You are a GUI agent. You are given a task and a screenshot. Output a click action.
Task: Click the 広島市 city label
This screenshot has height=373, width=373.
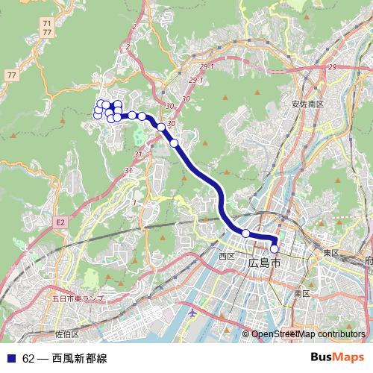coord(265,264)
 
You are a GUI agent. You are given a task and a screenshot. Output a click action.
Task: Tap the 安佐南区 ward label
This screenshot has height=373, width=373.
coord(307,104)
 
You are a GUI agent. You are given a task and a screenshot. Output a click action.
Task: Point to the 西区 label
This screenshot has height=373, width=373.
coord(227,256)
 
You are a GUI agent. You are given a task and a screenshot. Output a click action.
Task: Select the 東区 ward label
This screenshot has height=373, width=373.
coord(331,254)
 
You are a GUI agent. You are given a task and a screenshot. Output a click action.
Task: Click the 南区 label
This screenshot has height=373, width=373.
coord(301,294)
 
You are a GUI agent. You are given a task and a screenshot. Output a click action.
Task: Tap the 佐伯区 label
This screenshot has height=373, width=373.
coord(66,333)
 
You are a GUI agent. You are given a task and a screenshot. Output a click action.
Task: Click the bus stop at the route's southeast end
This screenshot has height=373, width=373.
coord(275,249)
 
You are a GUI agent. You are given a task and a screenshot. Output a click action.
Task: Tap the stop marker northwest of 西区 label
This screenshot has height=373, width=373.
coord(245,233)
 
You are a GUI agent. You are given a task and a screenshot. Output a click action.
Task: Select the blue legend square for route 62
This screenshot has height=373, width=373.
coord(11,358)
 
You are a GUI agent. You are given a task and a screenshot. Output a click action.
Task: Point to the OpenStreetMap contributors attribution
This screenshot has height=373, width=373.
coord(308,335)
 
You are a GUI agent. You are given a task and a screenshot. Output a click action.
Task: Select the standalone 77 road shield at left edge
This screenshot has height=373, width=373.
coord(11,75)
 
